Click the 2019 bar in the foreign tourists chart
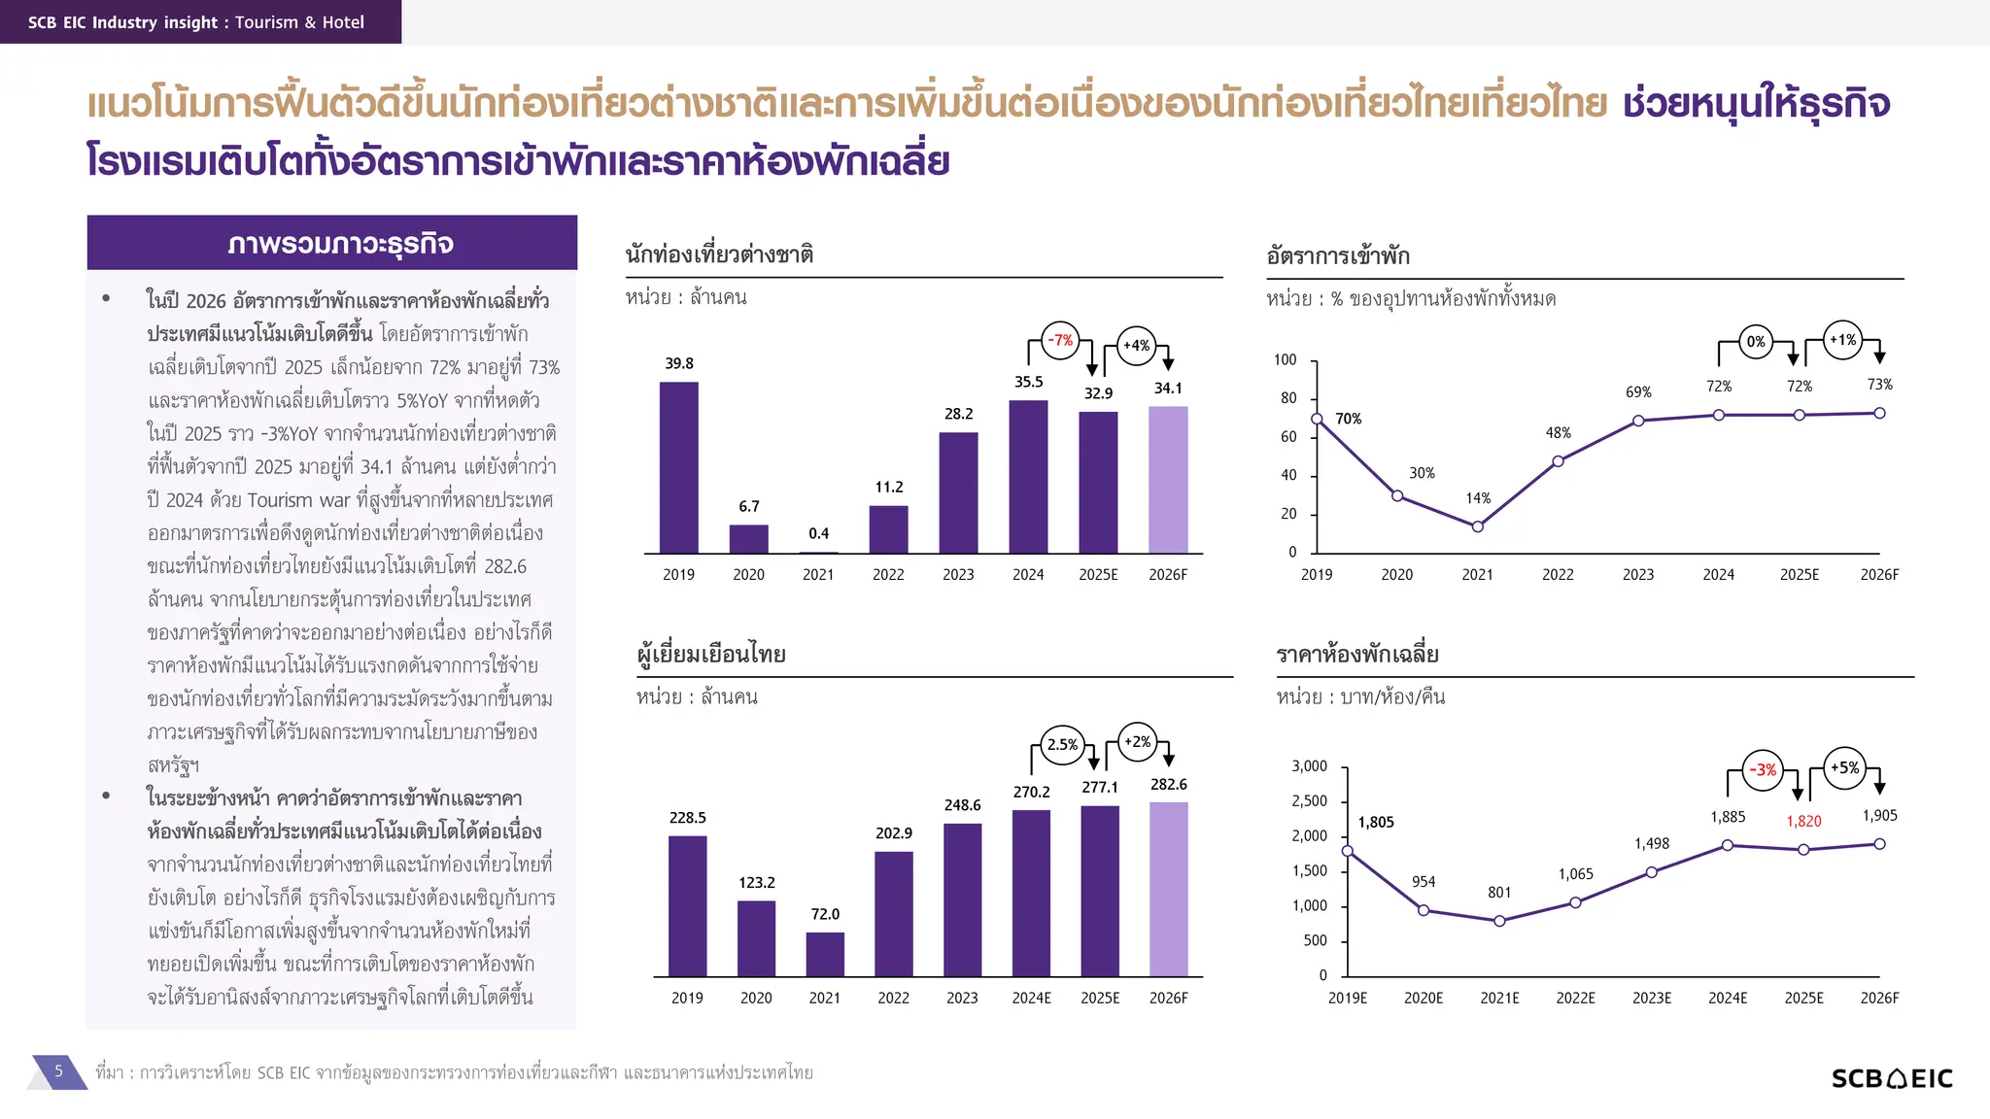(678, 467)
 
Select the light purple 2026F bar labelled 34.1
(1168, 480)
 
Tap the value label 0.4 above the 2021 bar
(818, 533)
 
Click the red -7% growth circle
(1060, 340)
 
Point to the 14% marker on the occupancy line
(1477, 526)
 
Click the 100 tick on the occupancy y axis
(1285, 359)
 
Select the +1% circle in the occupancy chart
(1842, 340)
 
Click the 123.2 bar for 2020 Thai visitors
(756, 937)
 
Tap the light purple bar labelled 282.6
(1168, 889)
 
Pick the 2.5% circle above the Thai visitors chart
(1062, 744)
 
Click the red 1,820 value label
(1803, 821)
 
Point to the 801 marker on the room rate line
(1499, 921)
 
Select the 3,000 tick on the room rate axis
(1309, 766)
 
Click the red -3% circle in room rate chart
(1763, 769)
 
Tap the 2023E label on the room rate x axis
(1651, 998)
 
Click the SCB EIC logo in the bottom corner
(1891, 1078)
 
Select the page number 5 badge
(58, 1071)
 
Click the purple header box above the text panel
(332, 243)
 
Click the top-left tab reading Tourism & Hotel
(200, 21)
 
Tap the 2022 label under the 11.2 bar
(888, 574)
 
